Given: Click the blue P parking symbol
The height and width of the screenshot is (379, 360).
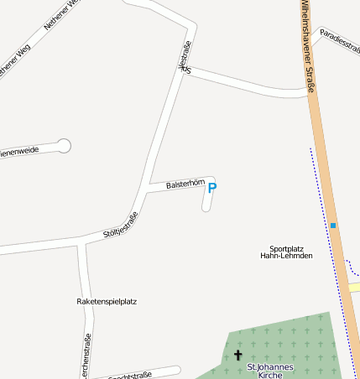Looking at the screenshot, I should (x=211, y=188).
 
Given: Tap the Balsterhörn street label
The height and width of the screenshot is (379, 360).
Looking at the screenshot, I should (x=185, y=184).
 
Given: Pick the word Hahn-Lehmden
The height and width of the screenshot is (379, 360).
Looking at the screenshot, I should (x=286, y=256).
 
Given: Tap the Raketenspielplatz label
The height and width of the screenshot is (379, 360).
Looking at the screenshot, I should (x=107, y=301).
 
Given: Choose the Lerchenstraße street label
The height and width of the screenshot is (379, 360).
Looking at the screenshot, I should (x=86, y=356).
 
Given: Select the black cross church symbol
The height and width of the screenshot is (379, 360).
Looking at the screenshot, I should (x=237, y=356).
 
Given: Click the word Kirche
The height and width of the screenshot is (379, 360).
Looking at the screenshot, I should (x=271, y=375).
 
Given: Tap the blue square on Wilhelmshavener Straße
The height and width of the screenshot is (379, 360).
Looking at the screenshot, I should (x=333, y=226).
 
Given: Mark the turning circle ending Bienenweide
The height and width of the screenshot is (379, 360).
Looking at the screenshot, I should (x=64, y=146).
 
